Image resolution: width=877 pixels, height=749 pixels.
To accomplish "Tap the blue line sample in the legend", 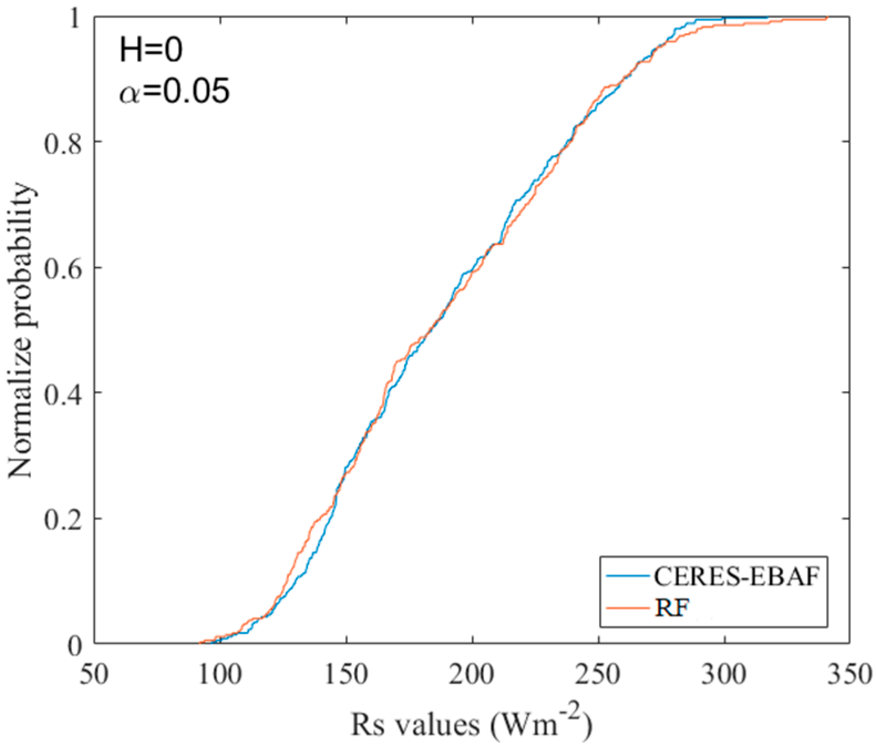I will click(x=627, y=577).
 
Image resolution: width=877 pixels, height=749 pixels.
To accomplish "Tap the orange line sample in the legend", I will click(x=627, y=608).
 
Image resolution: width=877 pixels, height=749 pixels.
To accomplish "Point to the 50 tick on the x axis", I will click(x=95, y=675).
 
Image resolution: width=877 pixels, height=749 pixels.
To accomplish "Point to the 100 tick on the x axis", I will click(x=220, y=675).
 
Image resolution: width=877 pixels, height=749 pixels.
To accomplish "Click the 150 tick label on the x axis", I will click(x=346, y=675).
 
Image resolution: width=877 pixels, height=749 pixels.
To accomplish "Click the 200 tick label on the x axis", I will click(x=472, y=675).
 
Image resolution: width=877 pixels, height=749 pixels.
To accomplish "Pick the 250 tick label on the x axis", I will click(x=598, y=675).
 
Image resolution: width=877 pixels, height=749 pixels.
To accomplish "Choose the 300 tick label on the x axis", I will click(x=724, y=675).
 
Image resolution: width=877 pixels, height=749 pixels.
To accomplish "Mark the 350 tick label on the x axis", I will click(x=849, y=675).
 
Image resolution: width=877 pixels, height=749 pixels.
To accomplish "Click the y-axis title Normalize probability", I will click(x=22, y=331).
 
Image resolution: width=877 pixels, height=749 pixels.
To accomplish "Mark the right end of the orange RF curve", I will click(x=826, y=18).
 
